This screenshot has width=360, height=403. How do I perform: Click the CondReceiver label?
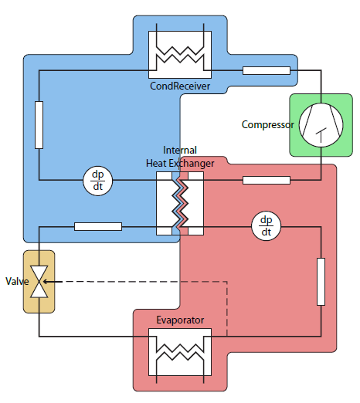[180, 86]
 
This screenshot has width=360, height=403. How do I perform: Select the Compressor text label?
[267, 124]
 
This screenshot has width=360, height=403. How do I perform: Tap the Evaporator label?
[180, 320]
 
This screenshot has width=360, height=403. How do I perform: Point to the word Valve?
[17, 281]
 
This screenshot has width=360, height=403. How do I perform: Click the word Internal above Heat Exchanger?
[180, 150]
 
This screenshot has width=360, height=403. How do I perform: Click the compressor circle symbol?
[321, 125]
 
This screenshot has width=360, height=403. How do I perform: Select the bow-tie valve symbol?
[39, 282]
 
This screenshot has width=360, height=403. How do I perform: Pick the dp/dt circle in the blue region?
[98, 181]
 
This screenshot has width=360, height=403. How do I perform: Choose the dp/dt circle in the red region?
[267, 226]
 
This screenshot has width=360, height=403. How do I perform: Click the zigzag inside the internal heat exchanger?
[180, 203]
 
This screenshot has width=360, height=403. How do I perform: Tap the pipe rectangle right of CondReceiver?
[267, 70]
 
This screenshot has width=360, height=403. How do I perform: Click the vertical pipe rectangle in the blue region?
[39, 125]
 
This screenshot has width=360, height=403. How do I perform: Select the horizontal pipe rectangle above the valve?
[98, 226]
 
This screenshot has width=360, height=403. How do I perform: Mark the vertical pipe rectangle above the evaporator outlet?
[321, 282]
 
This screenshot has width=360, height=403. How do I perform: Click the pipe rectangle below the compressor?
[267, 180]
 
